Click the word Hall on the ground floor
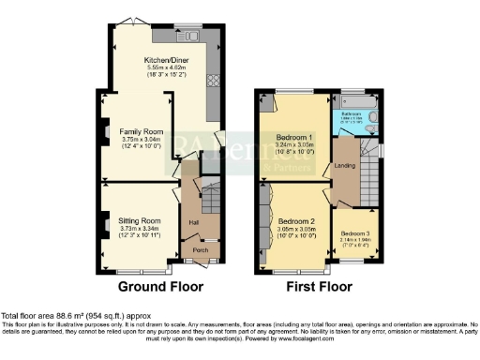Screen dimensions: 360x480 click(193, 222)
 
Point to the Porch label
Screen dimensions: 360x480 click(200, 250)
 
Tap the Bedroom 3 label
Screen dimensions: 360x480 click(354, 232)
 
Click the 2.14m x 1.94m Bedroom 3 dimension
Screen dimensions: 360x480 click(354, 240)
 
